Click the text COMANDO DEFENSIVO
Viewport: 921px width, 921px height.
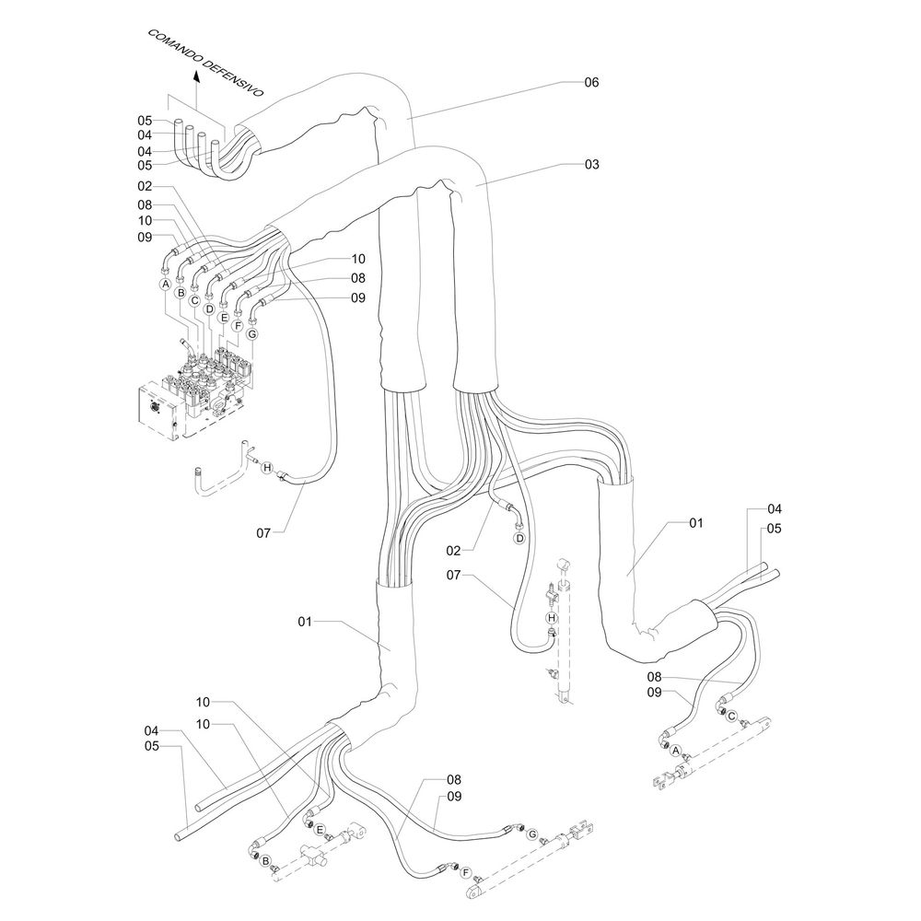click(x=205, y=64)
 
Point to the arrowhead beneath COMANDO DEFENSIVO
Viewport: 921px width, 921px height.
click(x=196, y=80)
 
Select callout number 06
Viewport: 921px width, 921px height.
click(x=591, y=82)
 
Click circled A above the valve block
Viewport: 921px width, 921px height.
click(x=166, y=285)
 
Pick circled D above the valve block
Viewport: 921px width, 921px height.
click(x=209, y=309)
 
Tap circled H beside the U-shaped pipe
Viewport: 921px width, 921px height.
click(x=266, y=469)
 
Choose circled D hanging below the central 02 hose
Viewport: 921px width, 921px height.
click(x=519, y=537)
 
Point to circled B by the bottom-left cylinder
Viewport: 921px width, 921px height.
click(x=265, y=861)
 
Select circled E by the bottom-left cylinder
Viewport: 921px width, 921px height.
click(x=319, y=830)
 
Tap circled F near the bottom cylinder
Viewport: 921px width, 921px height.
click(x=466, y=872)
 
